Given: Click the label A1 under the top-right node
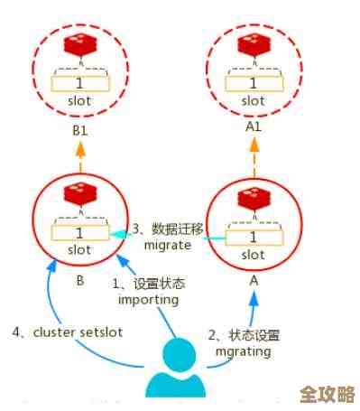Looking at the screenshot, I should [x=254, y=127].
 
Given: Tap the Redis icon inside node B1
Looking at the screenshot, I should [x=78, y=48].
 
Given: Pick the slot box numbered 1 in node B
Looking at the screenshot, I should [x=78, y=233].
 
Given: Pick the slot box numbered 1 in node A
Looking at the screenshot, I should [x=254, y=238].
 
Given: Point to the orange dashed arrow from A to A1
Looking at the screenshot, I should [x=254, y=160].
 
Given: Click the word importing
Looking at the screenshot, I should [x=151, y=299].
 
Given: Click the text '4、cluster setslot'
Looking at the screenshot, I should [x=67, y=332].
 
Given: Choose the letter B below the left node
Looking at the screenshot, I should [x=79, y=280].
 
